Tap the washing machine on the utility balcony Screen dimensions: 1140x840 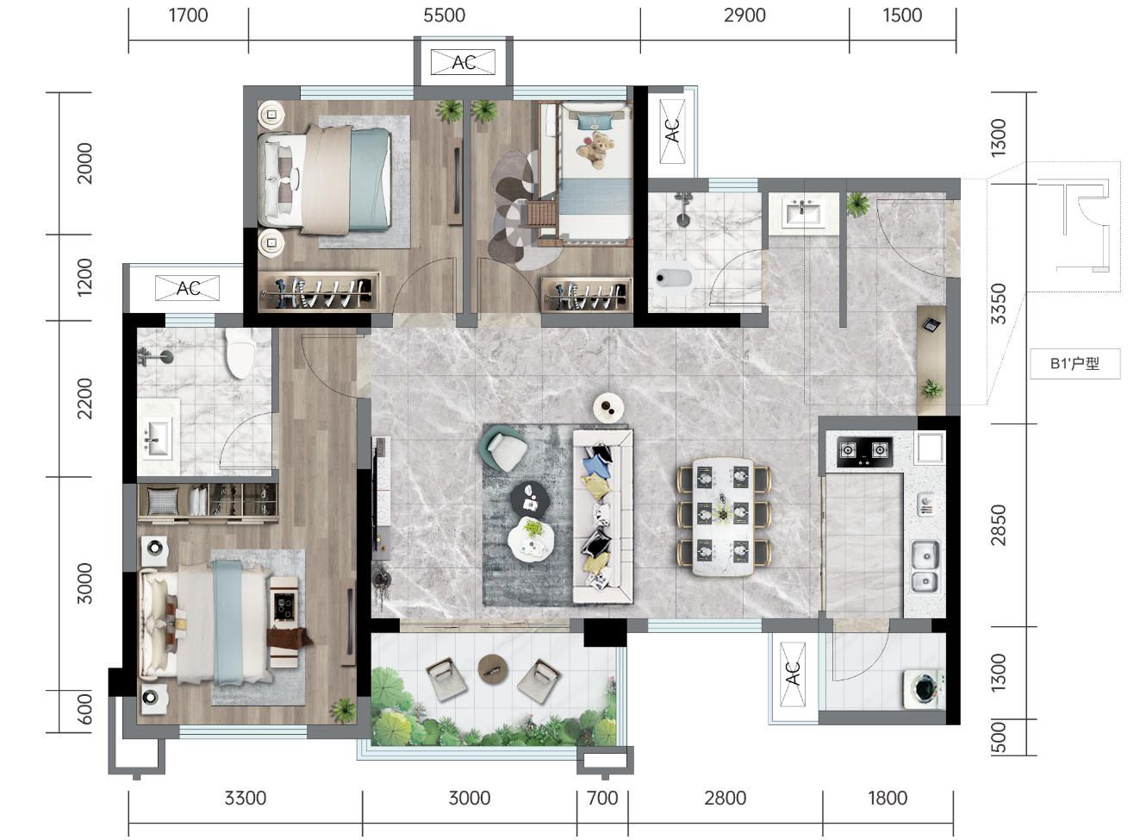(x=925, y=690)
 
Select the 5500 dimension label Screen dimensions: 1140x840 (x=445, y=16)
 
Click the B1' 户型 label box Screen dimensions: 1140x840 (x=1075, y=364)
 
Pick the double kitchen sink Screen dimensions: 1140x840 (x=925, y=567)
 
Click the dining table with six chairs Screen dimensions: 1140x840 (x=724, y=517)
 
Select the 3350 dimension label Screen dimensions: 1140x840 (x=999, y=304)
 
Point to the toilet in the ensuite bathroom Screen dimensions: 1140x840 (x=240, y=353)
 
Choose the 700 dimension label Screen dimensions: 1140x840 (x=602, y=798)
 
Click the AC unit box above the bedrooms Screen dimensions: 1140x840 (x=463, y=62)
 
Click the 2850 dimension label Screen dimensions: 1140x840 (x=999, y=524)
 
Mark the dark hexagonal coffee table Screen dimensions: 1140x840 (x=530, y=498)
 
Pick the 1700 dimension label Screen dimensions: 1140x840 (x=189, y=16)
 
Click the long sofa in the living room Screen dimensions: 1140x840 (x=603, y=517)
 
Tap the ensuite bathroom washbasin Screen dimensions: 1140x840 (x=158, y=437)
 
